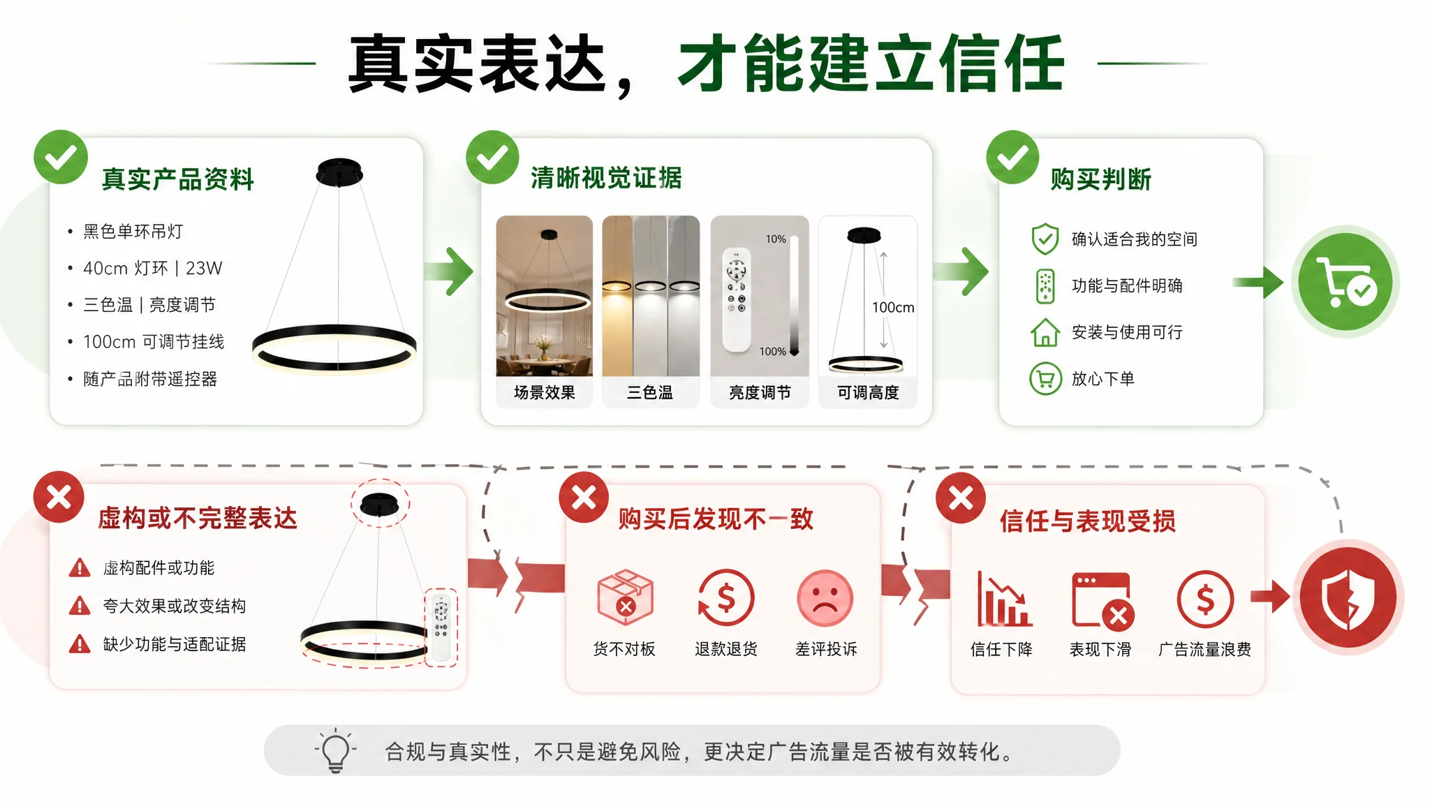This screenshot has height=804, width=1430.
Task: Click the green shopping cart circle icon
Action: (1346, 282)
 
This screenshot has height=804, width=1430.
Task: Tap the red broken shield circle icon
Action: (1348, 597)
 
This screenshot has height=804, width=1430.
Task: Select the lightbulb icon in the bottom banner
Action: (336, 751)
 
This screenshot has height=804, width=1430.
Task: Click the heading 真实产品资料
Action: (178, 179)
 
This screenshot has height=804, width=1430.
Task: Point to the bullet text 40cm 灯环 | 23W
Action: (152, 268)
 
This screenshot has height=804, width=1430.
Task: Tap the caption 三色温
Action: (650, 393)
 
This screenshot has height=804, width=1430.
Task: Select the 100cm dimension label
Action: (893, 307)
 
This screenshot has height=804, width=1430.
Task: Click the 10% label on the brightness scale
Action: (776, 239)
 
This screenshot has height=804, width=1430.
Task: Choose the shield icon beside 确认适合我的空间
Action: (1045, 239)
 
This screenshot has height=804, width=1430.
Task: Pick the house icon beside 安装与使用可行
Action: (1045, 332)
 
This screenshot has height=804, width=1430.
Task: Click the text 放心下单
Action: (1103, 379)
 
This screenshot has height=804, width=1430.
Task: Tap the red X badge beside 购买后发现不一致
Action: (584, 498)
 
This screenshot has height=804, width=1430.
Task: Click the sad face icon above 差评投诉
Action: (825, 598)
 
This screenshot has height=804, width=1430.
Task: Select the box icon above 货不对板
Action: (626, 597)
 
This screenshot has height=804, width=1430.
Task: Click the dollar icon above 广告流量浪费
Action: (1205, 599)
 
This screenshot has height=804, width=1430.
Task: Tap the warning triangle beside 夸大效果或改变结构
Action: (80, 606)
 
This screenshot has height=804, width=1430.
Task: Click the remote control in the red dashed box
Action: (441, 627)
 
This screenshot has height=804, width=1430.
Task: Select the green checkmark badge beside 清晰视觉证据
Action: (493, 157)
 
